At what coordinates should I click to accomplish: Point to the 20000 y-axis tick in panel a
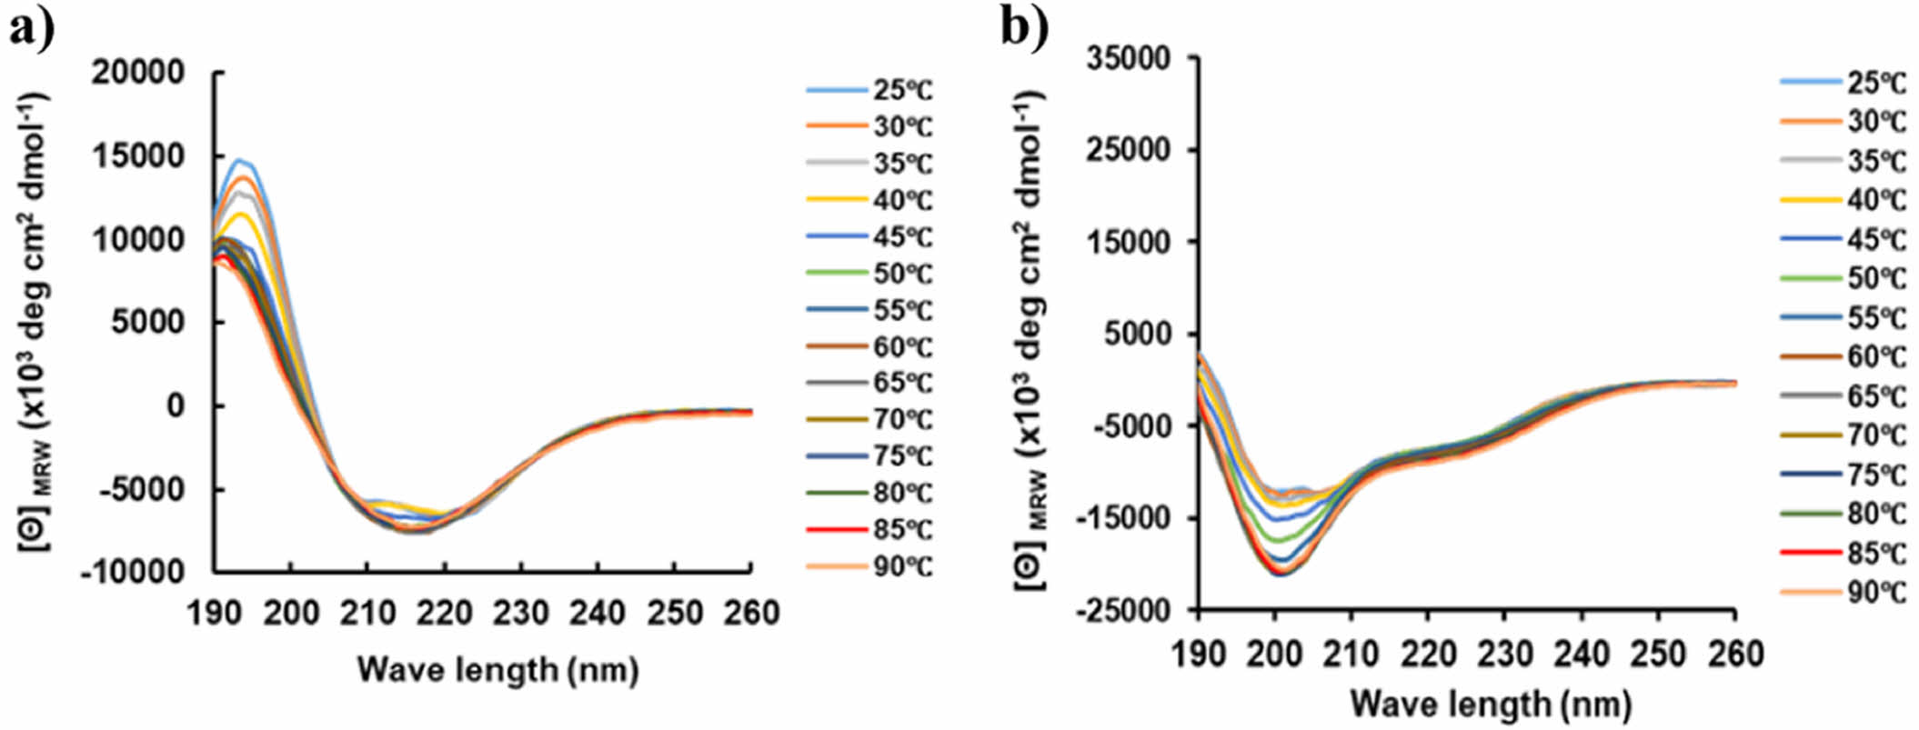[138, 73]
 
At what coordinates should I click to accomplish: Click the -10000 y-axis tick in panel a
[132, 573]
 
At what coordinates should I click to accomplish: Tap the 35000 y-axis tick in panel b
[1129, 58]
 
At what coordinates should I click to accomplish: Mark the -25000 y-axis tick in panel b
[1124, 610]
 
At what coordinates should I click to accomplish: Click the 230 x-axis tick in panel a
[520, 613]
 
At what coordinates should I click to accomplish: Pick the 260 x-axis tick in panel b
[1735, 654]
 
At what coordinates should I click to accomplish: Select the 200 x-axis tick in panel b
[1275, 654]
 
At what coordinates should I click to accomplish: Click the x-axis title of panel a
[497, 670]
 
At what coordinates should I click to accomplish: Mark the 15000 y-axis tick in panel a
[138, 156]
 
